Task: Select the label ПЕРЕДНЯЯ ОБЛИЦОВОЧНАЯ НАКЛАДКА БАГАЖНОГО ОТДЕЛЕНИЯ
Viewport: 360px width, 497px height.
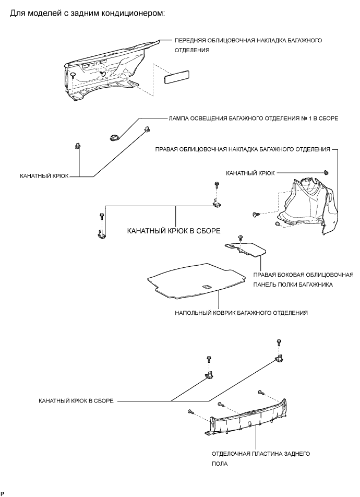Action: [248, 45]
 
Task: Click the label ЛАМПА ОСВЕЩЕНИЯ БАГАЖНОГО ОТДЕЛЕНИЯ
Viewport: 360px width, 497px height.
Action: [253, 119]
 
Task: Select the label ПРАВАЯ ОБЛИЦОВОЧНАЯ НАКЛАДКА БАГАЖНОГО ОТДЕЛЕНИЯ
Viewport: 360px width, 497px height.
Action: [243, 149]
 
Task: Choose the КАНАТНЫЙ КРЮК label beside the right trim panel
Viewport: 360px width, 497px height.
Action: [250, 172]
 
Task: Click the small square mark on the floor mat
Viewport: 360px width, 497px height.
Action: [205, 286]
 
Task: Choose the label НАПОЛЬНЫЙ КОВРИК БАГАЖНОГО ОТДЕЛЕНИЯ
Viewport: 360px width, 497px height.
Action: [241, 313]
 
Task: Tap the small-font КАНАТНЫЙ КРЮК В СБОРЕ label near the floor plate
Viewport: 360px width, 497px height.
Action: [76, 401]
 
